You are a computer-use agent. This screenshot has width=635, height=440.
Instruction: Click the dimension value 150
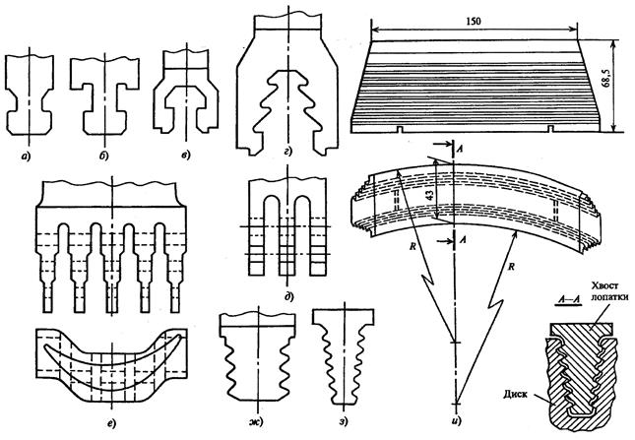click(473, 21)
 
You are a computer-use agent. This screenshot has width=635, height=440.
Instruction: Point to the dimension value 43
click(429, 194)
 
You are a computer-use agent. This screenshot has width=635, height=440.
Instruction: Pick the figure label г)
click(287, 152)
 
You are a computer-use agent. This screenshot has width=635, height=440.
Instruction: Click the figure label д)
click(287, 296)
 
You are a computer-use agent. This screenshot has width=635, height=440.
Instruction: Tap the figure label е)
click(112, 423)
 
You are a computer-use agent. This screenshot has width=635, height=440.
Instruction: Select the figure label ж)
click(258, 422)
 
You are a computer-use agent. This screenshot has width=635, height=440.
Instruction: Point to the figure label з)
click(344, 422)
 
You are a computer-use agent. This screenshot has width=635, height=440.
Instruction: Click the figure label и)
click(457, 421)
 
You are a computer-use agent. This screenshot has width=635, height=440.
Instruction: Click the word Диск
click(515, 394)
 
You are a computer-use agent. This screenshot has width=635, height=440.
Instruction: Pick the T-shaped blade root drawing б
click(104, 96)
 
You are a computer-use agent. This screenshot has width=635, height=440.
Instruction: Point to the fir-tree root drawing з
click(344, 357)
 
